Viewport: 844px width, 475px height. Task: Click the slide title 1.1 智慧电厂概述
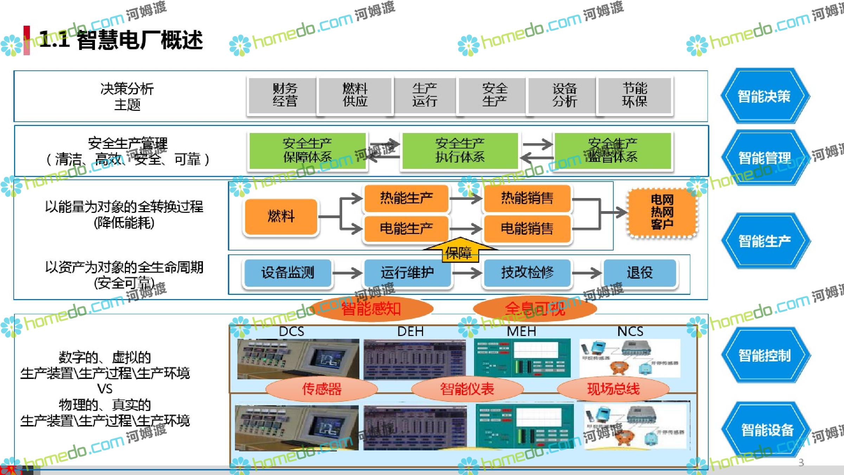click(121, 39)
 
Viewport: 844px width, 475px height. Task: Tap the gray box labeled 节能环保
click(634, 95)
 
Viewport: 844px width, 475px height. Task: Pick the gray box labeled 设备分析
click(564, 95)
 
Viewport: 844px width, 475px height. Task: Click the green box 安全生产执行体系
click(460, 151)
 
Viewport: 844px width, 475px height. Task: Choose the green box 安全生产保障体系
click(307, 151)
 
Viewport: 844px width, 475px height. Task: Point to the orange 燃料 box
click(281, 216)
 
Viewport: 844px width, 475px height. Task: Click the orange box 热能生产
click(407, 198)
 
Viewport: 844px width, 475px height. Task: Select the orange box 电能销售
click(527, 229)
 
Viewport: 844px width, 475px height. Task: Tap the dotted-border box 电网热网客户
click(662, 212)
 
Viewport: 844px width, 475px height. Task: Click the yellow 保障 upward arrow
click(459, 251)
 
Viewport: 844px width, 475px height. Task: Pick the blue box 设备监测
click(287, 273)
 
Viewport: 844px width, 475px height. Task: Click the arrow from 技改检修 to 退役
click(587, 273)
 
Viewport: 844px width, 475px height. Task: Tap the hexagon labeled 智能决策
click(765, 96)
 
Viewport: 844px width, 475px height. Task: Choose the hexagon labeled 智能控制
click(765, 355)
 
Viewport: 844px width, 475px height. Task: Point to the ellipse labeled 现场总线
click(613, 389)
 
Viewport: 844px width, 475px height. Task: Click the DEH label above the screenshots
click(410, 331)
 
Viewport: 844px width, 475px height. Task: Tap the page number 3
click(801, 462)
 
